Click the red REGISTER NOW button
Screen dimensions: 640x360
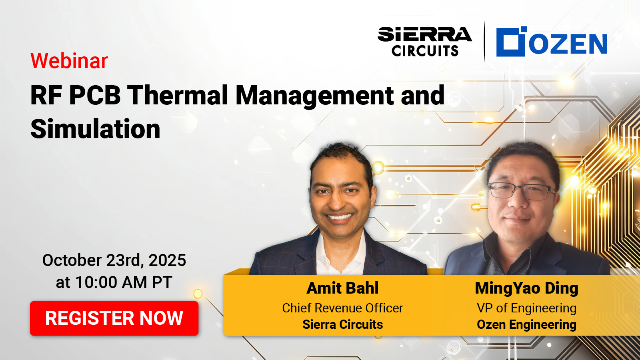pos(114,318)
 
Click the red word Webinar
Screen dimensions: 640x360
pos(69,60)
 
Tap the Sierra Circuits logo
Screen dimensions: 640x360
pos(424,42)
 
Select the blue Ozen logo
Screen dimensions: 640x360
pos(552,42)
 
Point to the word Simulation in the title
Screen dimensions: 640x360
pos(96,129)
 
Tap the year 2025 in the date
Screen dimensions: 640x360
pos(167,260)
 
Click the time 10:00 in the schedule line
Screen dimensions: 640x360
pos(96,282)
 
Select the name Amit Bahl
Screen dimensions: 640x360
pos(342,288)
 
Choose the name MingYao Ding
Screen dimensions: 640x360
pos(526,288)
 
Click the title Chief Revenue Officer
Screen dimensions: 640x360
pos(342,308)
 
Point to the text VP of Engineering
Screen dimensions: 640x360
pos(526,308)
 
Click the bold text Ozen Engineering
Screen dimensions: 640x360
pos(526,325)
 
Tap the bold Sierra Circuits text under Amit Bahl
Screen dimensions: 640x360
pos(342,324)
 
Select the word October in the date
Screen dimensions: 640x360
pos(72,260)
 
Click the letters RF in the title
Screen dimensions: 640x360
pos(46,96)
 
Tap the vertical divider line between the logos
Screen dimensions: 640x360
pos(484,42)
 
